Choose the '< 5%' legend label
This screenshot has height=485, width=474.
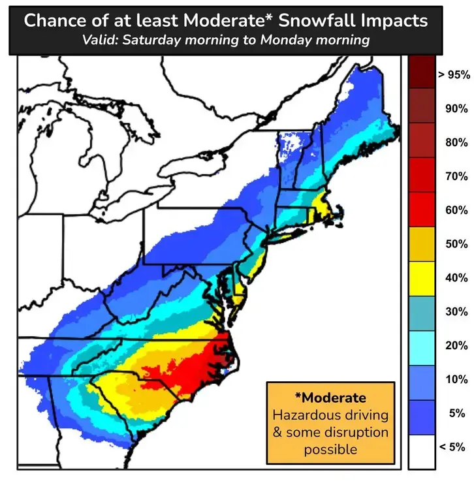click(452, 447)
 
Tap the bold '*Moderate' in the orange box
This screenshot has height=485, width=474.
click(330, 398)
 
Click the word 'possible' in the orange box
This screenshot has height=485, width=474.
click(330, 450)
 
